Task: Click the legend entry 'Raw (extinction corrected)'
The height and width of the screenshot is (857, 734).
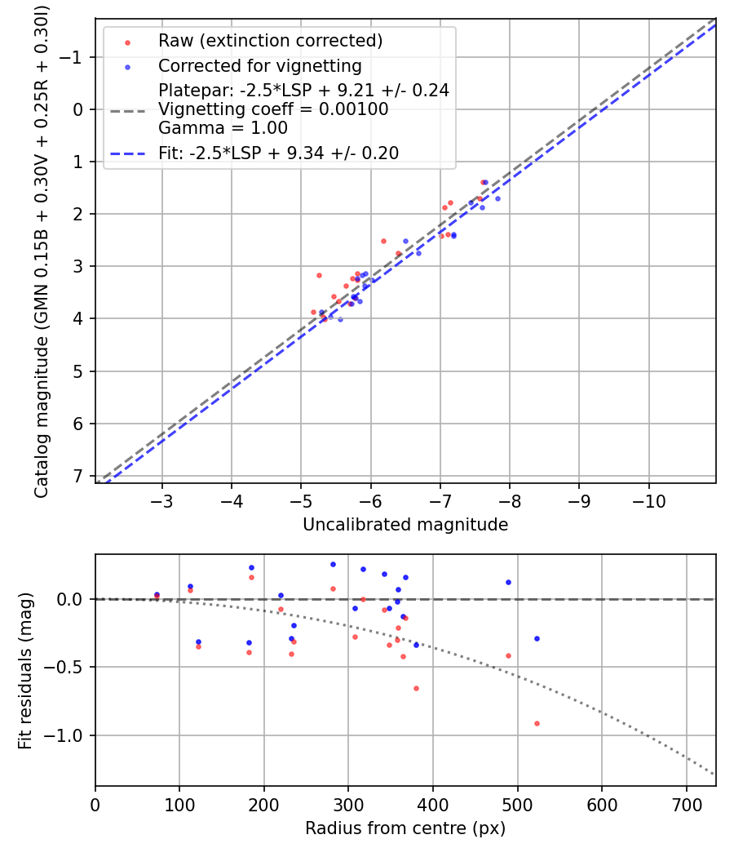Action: pos(270,41)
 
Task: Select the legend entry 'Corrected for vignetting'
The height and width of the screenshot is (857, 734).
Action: pos(259,66)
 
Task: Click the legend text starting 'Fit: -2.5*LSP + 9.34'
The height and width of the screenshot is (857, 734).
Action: pos(278,153)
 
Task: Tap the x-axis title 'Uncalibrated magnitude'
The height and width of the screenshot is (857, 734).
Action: pos(405,525)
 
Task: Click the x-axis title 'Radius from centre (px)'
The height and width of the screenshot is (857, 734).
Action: pos(405,828)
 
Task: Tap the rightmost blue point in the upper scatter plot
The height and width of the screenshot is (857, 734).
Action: pos(497,198)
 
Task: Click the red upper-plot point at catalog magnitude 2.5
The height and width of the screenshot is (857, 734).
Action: pos(383,241)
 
